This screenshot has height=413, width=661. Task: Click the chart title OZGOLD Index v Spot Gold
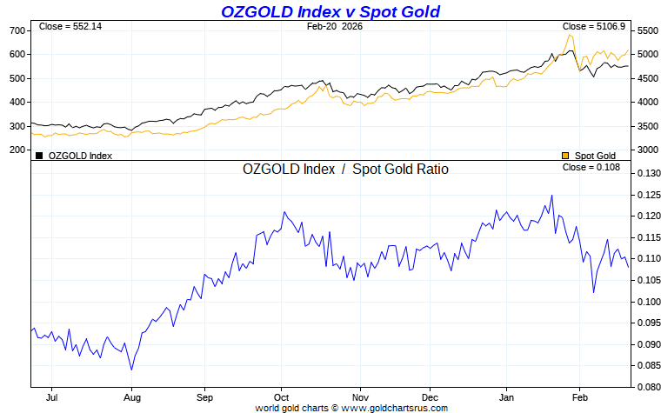click(330, 11)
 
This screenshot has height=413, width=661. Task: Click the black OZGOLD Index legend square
click(38, 156)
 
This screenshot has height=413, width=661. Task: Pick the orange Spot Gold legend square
click(565, 156)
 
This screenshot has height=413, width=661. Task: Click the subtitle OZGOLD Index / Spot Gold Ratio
click(345, 170)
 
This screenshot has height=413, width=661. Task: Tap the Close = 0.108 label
click(591, 167)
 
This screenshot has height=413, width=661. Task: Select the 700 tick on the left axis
click(17, 30)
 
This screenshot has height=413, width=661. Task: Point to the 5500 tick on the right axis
click(649, 30)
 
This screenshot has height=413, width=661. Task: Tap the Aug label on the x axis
click(131, 398)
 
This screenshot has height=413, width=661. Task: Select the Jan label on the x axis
click(504, 398)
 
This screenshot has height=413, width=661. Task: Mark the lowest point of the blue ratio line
click(131, 370)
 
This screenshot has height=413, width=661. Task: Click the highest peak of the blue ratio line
click(551, 196)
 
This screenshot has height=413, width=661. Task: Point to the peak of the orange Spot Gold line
click(570, 35)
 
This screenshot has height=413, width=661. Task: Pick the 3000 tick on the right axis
click(649, 150)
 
